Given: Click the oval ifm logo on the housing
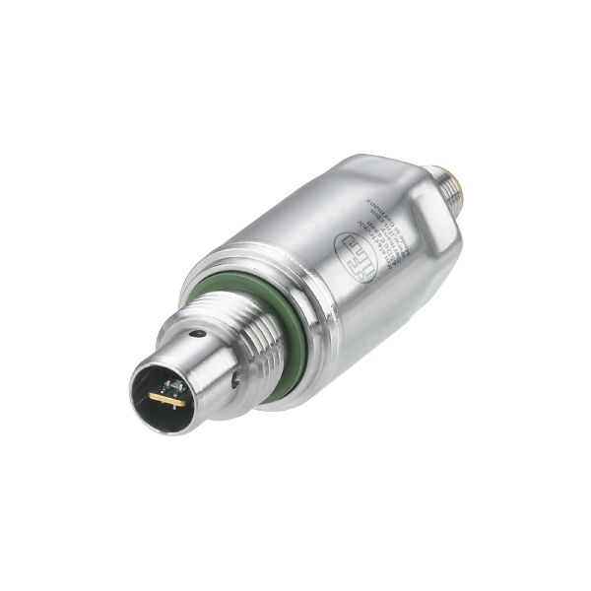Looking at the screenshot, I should click(356, 256).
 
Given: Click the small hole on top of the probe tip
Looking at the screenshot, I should click(200, 335).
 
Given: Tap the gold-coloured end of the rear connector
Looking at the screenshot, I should click(461, 176).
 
